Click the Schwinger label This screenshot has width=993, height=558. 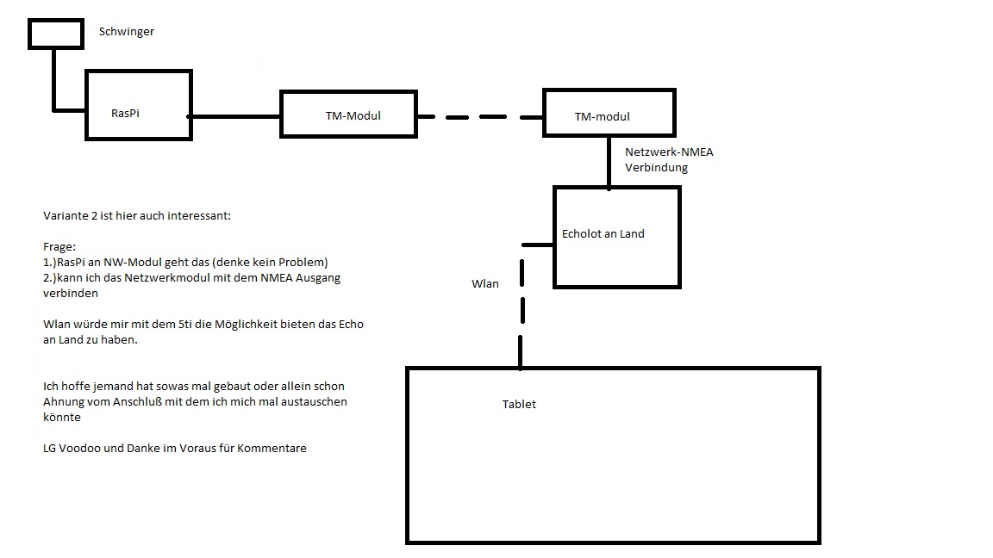[126, 32]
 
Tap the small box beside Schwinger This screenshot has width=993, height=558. [53, 34]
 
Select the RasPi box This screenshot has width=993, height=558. [138, 104]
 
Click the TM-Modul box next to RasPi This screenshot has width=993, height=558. [348, 114]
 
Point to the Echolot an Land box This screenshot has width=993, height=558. [616, 237]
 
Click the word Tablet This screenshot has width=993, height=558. [519, 404]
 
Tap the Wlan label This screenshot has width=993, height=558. [484, 283]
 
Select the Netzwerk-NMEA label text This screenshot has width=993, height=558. [669, 152]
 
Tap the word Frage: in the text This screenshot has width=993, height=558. [59, 246]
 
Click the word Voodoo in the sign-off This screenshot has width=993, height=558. [78, 448]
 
